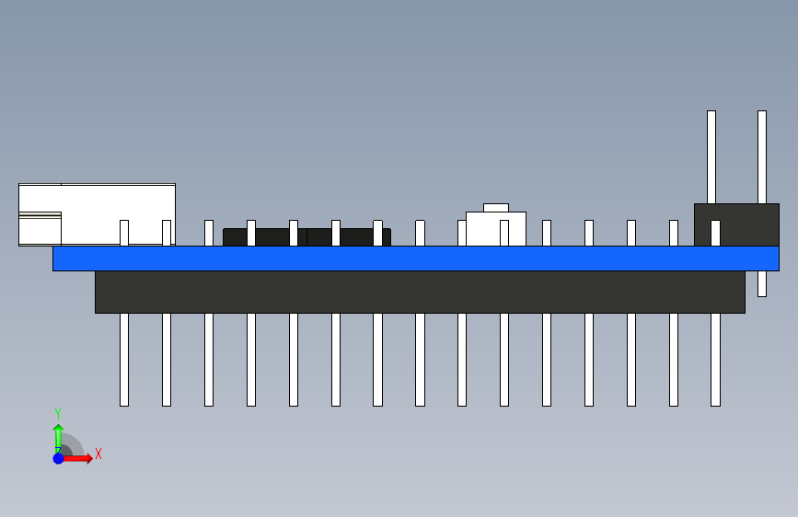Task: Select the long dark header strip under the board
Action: point(420,292)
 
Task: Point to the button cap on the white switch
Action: point(496,208)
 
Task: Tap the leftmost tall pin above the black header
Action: point(711,156)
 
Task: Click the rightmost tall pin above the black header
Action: point(762,156)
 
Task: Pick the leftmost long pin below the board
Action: point(124,359)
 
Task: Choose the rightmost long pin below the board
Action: point(715,359)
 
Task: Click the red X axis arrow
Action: point(81,458)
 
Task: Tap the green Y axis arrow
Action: point(58,436)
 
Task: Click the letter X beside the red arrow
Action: point(98,454)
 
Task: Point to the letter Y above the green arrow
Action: point(58,413)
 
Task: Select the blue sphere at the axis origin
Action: point(58,457)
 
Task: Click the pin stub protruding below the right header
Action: point(762,283)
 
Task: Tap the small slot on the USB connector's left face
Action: point(40,215)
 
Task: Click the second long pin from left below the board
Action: point(167,359)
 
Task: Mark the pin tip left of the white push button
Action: point(462,233)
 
